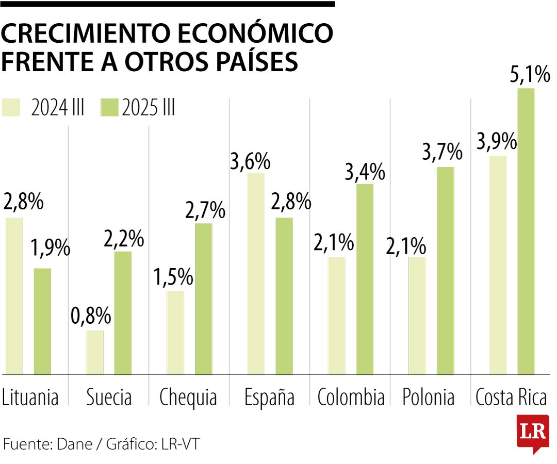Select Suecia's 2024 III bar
tap(94, 352)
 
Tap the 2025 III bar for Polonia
tap(445, 270)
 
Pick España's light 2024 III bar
tap(256, 273)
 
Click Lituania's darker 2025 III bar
tap(42, 321)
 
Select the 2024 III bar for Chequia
tap(175, 332)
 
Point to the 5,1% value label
tap(530, 75)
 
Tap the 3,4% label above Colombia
tap(365, 172)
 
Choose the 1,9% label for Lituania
tap(49, 248)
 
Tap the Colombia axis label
tap(351, 397)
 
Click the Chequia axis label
tap(188, 397)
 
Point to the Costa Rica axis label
tap(511, 397)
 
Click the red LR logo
tap(532, 434)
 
